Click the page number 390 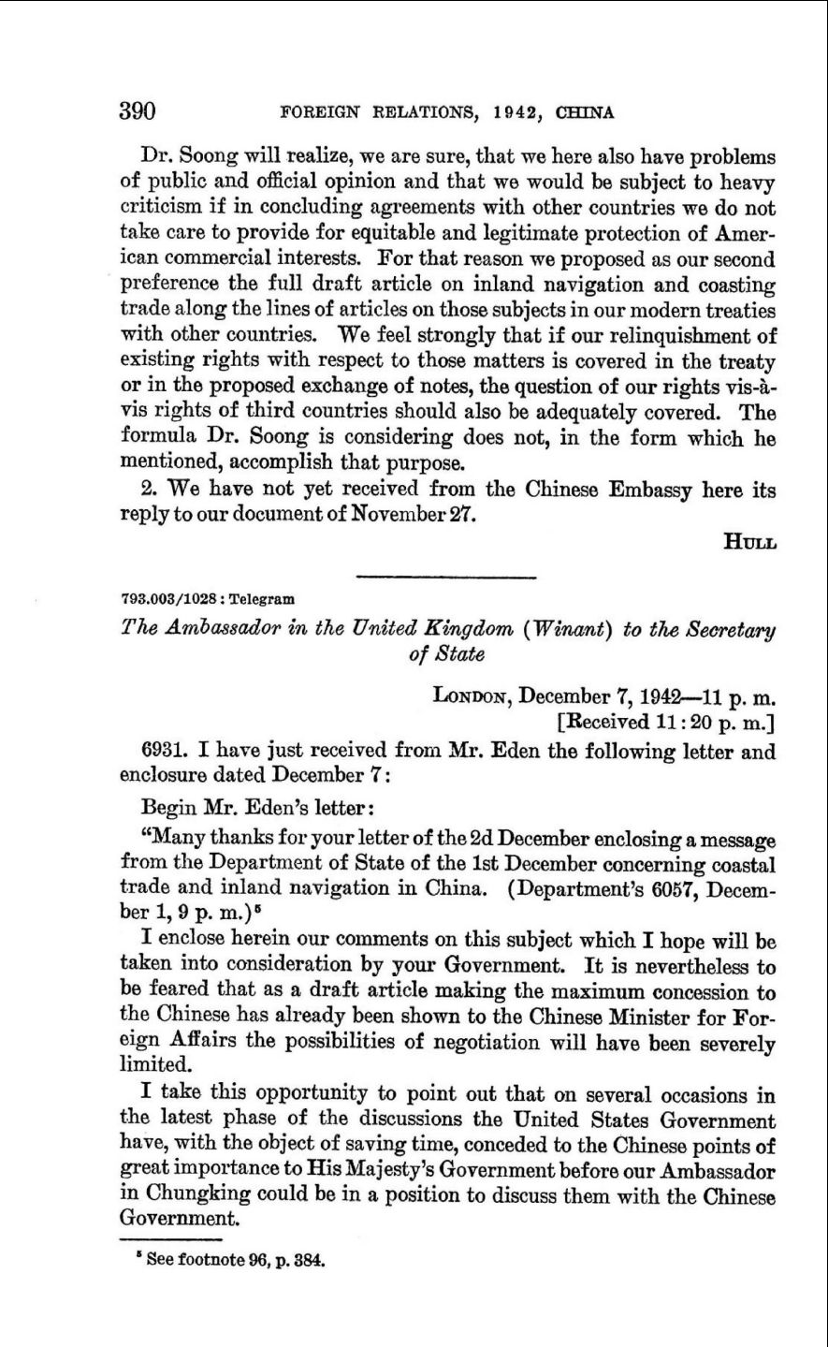pos(138,112)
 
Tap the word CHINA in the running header pos(585,113)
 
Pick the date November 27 pos(427,516)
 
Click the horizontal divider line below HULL pos(446,576)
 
